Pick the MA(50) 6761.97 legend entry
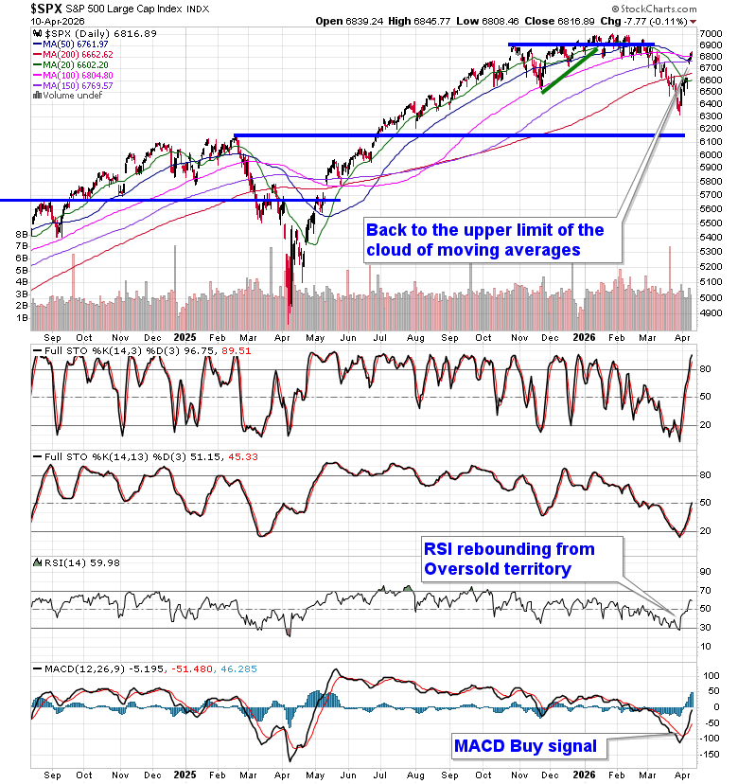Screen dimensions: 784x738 point(72,44)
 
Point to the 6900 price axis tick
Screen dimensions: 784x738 point(711,45)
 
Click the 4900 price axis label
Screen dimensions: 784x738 point(711,297)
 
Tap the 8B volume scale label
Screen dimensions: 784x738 point(20,233)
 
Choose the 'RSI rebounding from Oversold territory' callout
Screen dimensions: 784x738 point(509,559)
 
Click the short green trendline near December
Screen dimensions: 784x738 point(569,70)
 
